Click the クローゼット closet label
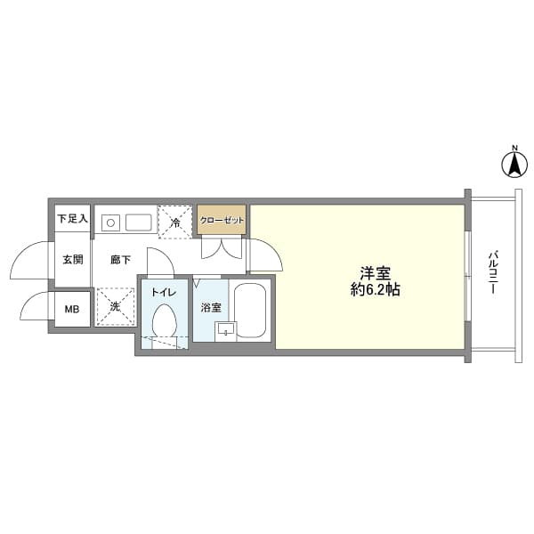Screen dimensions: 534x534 pyautogui.click(x=221, y=220)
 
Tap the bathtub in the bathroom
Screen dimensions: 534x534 pyautogui.click(x=250, y=311)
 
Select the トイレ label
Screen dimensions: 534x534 pyautogui.click(x=163, y=292)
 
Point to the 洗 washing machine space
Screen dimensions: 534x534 pyautogui.click(x=115, y=306)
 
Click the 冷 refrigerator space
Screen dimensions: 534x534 pyautogui.click(x=175, y=222)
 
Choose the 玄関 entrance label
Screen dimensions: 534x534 pyautogui.click(x=72, y=260)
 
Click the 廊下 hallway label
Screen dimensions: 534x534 pyautogui.click(x=120, y=260)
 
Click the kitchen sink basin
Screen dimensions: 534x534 pyautogui.click(x=138, y=222)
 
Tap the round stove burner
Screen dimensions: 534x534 pyautogui.click(x=110, y=222)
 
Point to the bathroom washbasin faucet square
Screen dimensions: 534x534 pyautogui.click(x=225, y=332)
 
